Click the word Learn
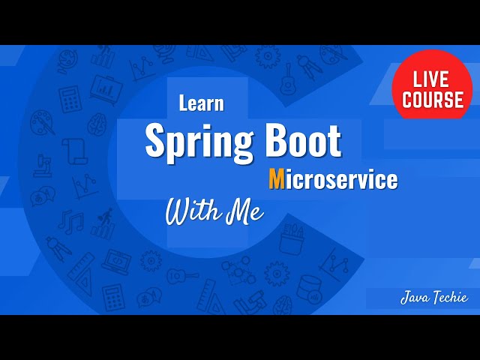[201, 104]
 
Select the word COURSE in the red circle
[432, 100]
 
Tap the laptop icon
[116, 262]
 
